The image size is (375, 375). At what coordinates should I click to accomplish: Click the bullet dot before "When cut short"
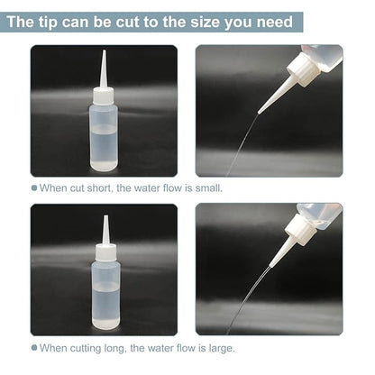pos(34,188)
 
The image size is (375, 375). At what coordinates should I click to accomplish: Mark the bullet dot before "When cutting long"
pos(34,348)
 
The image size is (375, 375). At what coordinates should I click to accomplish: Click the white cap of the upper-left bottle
pos(104,95)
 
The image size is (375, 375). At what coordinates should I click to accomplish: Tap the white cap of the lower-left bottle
pos(105,252)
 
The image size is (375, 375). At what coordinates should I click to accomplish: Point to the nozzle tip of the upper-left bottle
pos(104,53)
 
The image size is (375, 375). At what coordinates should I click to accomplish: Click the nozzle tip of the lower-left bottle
pos(105,217)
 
